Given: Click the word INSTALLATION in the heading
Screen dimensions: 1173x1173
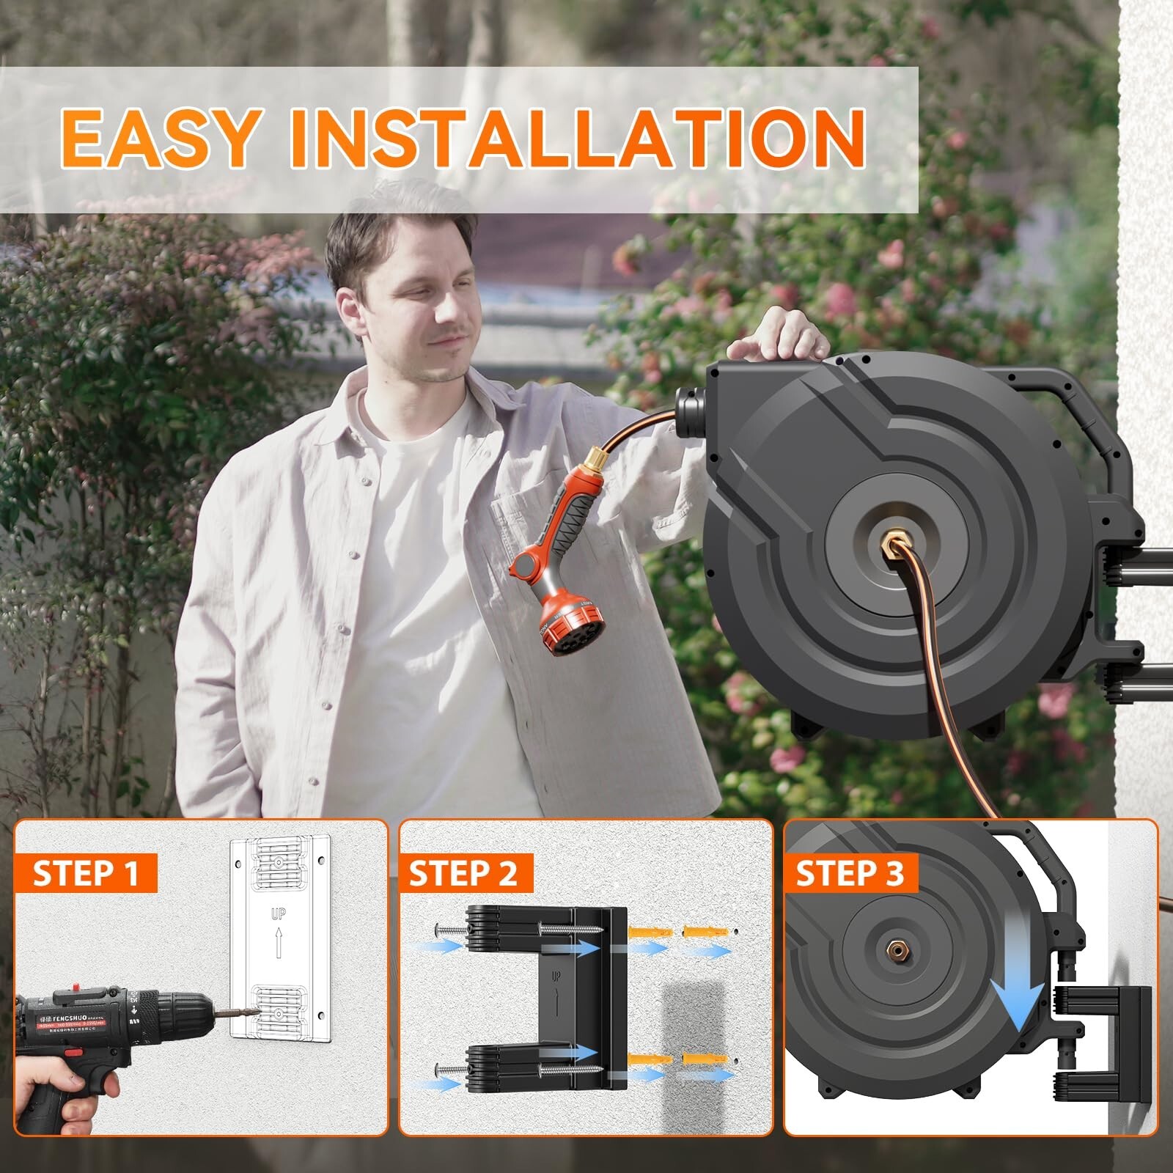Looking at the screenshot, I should click(578, 139).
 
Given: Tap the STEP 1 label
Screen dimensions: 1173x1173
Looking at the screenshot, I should click(85, 873).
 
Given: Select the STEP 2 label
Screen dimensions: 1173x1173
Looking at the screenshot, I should click(463, 873).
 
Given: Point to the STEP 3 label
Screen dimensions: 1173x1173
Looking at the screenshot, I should click(850, 873).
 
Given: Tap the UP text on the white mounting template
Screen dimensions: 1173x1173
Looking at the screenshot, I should click(279, 914).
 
